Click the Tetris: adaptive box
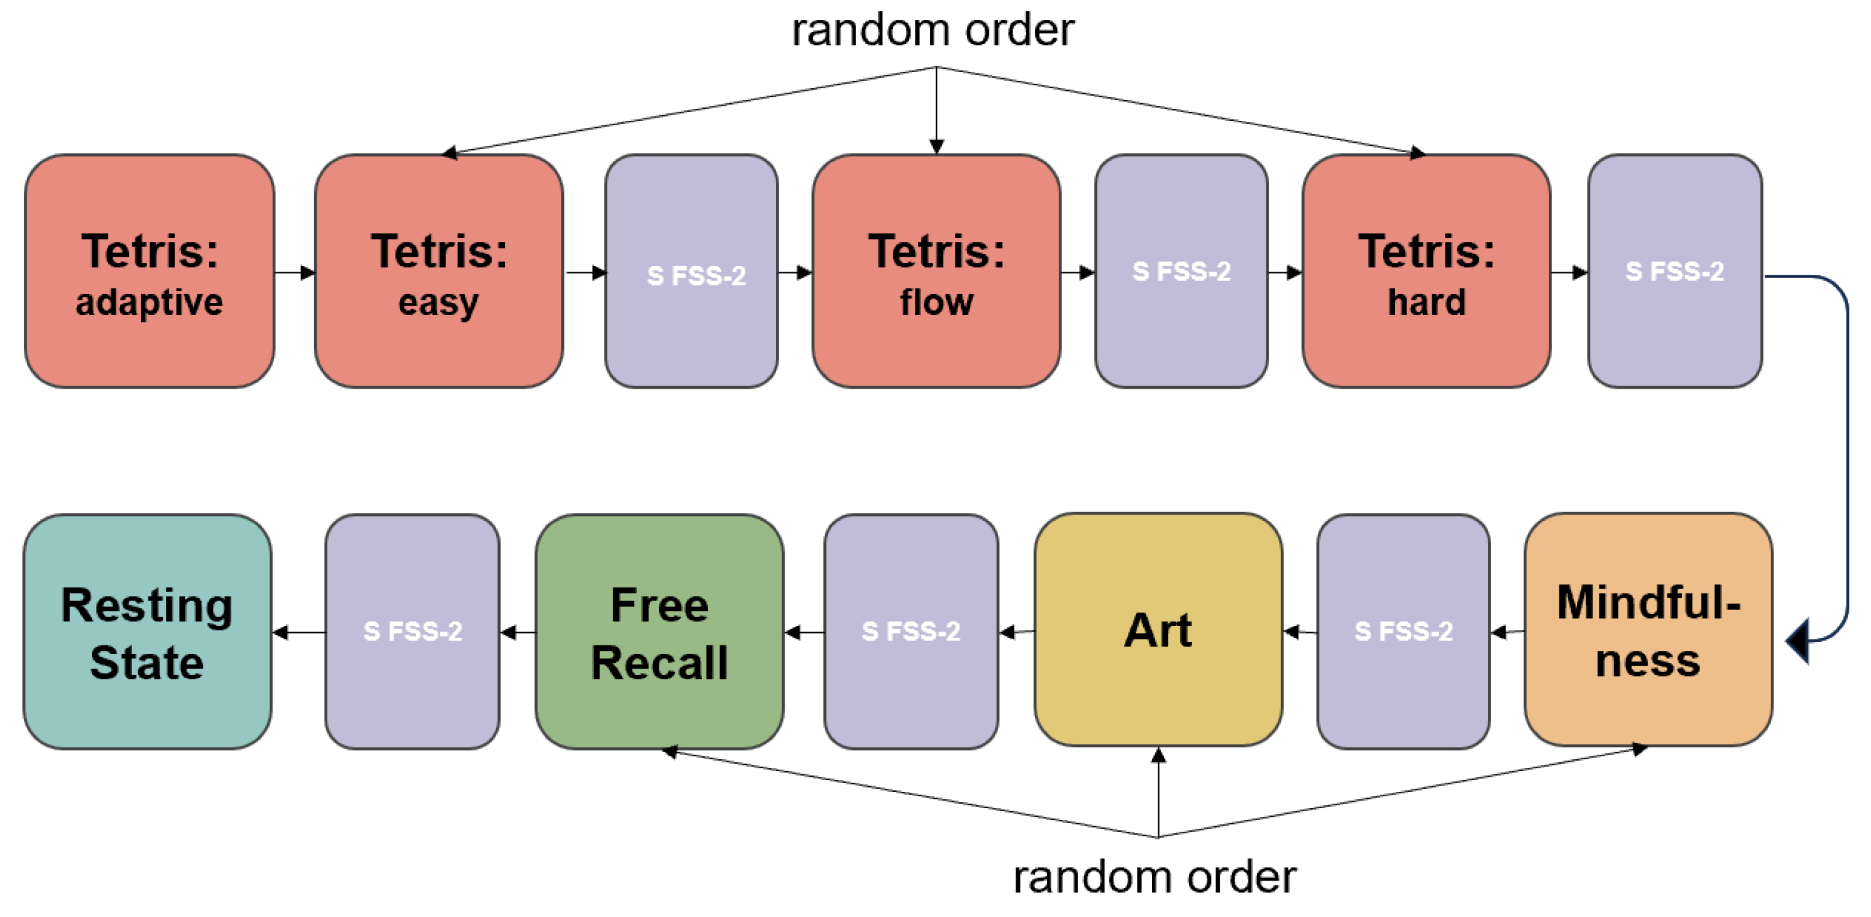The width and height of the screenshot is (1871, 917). (149, 271)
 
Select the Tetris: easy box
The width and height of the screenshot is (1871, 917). (439, 271)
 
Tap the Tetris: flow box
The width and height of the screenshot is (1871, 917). (936, 271)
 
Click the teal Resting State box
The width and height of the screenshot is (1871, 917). (148, 632)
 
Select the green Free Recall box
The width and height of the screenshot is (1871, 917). (660, 632)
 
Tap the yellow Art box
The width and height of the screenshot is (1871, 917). (1158, 630)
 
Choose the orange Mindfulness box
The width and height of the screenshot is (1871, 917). (1648, 630)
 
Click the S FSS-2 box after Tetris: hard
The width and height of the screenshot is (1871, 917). (1675, 271)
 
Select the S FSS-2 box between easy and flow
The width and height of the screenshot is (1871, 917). (691, 271)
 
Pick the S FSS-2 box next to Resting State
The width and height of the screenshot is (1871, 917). (412, 632)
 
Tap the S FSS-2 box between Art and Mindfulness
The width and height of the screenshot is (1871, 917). (1403, 632)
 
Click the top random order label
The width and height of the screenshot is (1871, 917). (932, 31)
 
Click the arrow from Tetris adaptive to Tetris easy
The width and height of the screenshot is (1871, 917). (294, 272)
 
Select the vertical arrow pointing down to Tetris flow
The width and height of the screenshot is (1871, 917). (936, 109)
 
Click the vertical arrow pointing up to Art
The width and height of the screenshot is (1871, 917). (1158, 792)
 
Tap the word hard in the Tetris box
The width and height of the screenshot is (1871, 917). (1427, 302)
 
